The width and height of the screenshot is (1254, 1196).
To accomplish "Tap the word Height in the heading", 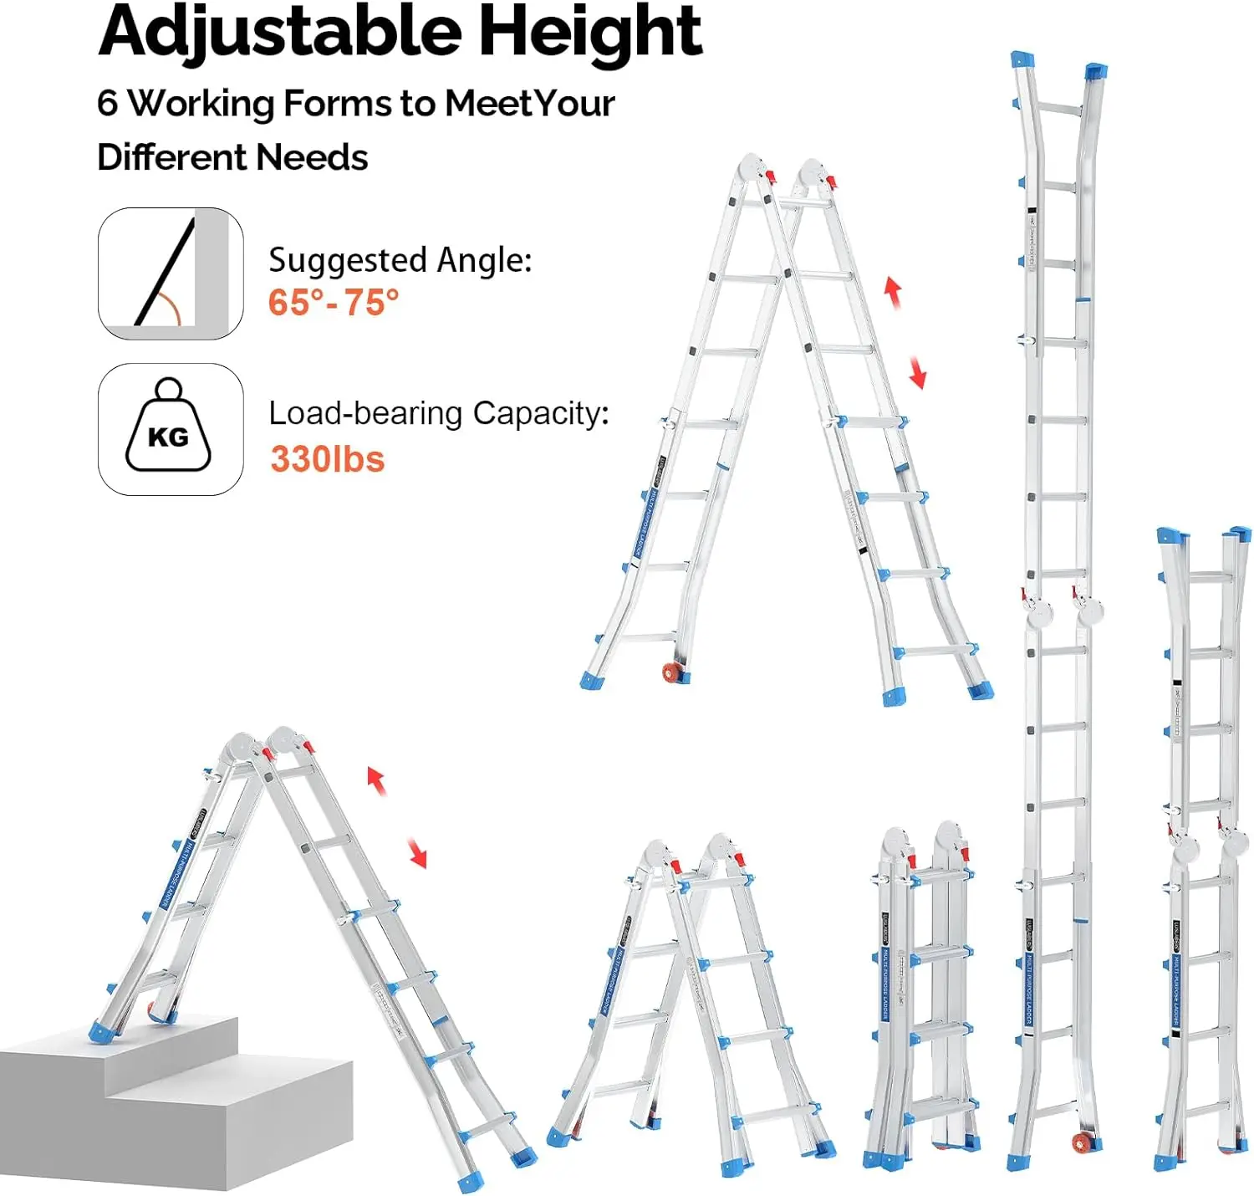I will (x=589, y=32).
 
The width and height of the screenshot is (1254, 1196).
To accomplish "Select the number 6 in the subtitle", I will (x=107, y=104).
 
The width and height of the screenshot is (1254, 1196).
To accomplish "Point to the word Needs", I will (x=312, y=157).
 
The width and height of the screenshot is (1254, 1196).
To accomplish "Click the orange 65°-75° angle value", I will (x=334, y=302).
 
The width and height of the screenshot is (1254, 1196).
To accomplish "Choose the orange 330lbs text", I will (x=327, y=459).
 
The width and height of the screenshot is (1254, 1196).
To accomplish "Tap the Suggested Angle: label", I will (x=400, y=260).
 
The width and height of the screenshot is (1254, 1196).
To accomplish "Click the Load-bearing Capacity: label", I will (x=438, y=413).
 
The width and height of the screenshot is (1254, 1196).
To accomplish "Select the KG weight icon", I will (x=169, y=428).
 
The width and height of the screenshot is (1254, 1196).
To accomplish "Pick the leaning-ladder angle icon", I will (x=170, y=273).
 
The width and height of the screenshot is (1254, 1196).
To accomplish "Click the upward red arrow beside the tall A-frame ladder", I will (x=893, y=292).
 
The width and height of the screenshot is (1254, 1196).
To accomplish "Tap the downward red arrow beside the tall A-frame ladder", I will (x=917, y=372).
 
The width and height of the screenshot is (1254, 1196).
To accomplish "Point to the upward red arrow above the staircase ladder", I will (x=376, y=780).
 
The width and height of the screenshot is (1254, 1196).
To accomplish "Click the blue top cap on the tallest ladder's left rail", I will (x=1022, y=60).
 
